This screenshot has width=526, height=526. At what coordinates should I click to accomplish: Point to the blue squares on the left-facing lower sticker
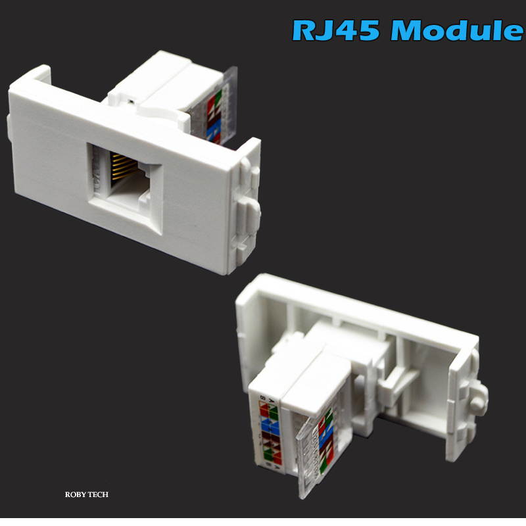pos(270,427)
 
